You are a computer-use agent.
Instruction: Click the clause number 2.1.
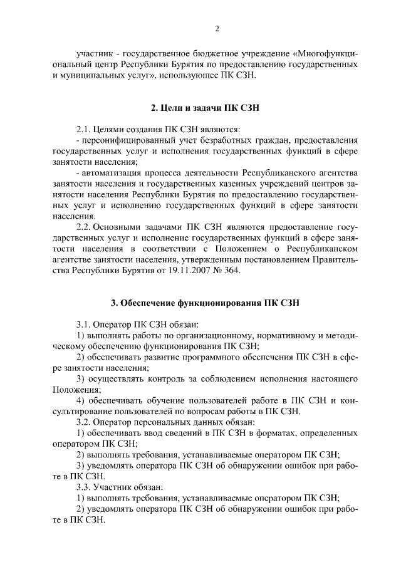85,129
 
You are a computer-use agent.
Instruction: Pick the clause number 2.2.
85,226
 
